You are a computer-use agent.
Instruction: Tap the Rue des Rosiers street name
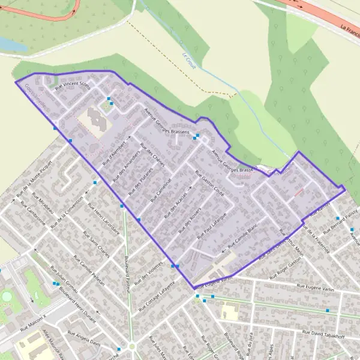190,221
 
